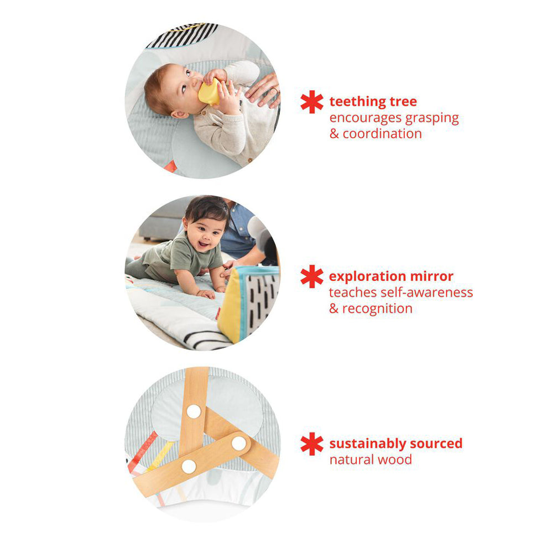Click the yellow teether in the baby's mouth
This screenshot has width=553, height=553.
coord(209,92)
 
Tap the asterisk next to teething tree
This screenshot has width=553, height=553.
coord(312,102)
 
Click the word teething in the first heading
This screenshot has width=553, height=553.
coord(357,102)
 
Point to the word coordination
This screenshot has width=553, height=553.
coord(382,134)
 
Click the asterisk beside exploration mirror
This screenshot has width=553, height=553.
coord(312,276)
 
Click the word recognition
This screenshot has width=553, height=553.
coord(377,309)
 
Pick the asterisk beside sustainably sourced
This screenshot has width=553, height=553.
coord(312,444)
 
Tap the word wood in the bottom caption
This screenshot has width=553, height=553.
coord(395,460)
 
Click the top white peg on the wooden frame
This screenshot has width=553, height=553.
coord(194,411)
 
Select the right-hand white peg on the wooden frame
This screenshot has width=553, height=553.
coord(239,444)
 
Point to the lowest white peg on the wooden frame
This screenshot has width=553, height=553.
coord(189,467)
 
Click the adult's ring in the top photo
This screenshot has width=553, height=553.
coord(274,91)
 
